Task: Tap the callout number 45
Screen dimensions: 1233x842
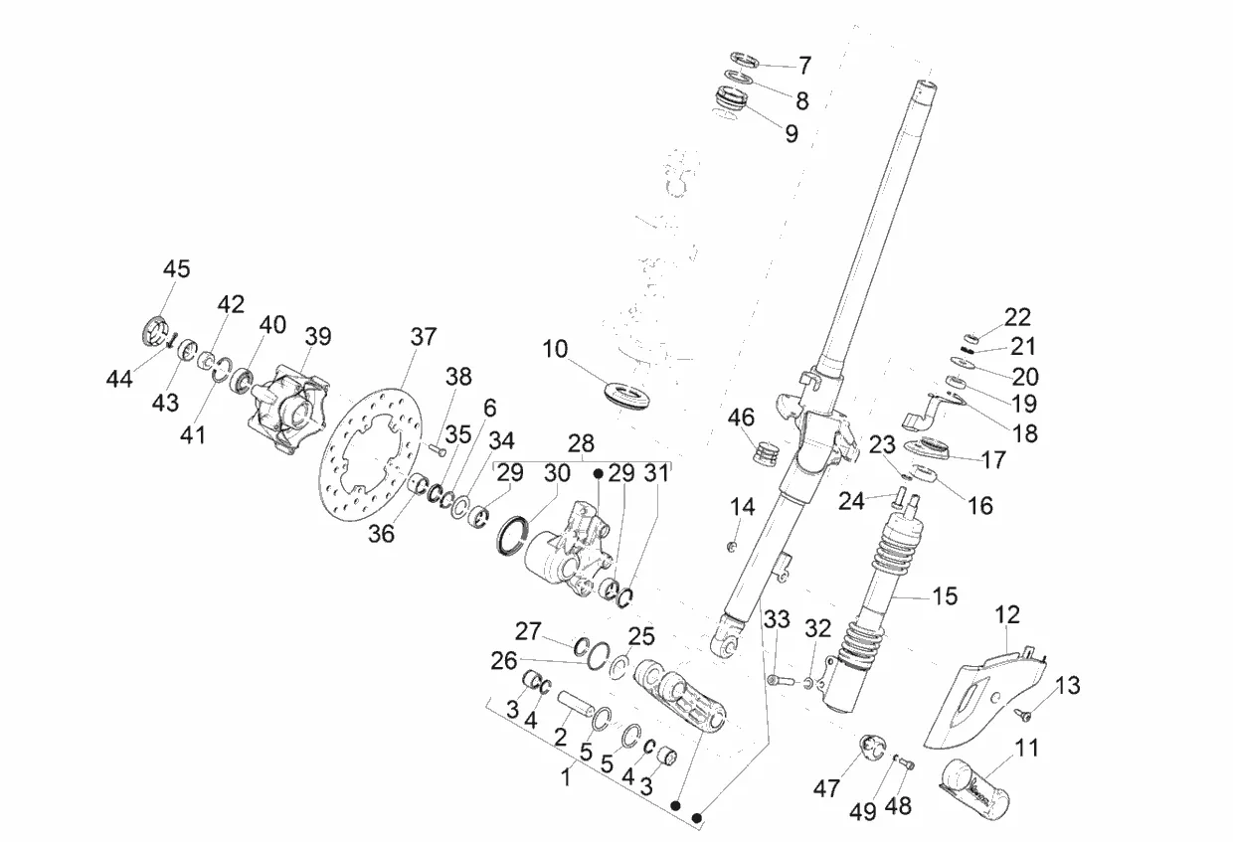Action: coord(176,269)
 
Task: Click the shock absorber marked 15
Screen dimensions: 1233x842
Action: coord(867,602)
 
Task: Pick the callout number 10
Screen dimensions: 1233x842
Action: coord(554,349)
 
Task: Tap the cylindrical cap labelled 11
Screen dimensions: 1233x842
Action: coord(973,788)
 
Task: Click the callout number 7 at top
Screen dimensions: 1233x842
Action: coord(804,66)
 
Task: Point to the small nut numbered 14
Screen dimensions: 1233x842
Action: coord(732,547)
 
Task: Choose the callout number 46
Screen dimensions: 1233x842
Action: coord(741,418)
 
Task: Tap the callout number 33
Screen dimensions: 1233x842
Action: coord(777,619)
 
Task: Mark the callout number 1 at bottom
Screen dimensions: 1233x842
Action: coord(566,778)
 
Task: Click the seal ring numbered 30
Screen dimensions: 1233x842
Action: coord(513,535)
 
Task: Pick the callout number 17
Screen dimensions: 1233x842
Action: coord(994,460)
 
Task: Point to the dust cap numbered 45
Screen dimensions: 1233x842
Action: coord(153,332)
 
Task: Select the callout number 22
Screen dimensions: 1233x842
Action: coord(1017,317)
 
